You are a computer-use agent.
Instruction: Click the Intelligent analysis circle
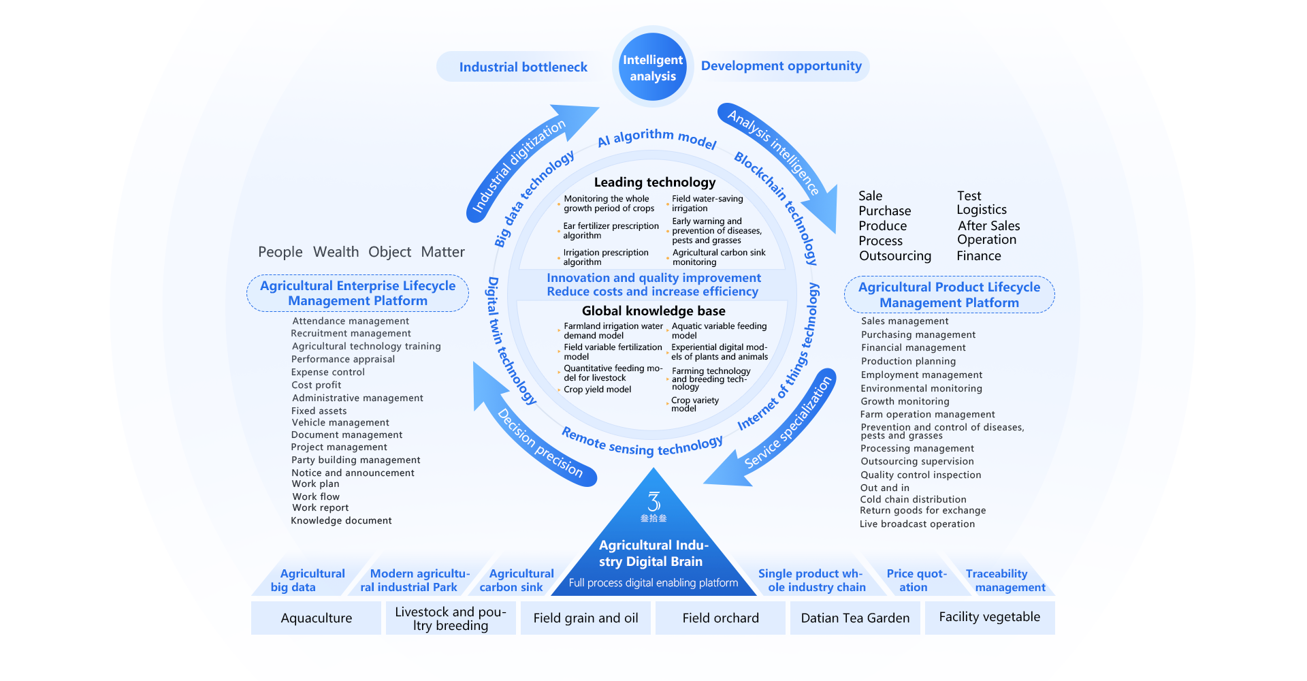click(652, 67)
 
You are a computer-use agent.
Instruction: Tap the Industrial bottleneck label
click(523, 67)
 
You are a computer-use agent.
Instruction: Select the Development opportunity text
click(781, 66)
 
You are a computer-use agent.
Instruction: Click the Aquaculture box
click(316, 618)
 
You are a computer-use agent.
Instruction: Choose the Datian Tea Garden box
click(855, 618)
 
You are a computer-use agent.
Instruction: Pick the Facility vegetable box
click(989, 617)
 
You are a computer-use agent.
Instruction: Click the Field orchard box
click(720, 618)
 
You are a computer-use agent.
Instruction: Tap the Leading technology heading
click(654, 182)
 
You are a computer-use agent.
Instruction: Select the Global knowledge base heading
click(653, 311)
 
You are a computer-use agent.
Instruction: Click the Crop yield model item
click(597, 390)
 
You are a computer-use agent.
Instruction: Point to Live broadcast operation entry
click(917, 524)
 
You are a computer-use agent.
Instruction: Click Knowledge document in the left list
click(341, 520)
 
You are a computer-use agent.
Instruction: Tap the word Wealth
click(336, 252)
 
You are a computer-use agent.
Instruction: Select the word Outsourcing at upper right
click(894, 256)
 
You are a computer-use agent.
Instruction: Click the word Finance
click(978, 256)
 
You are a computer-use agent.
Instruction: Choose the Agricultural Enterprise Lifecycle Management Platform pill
click(357, 294)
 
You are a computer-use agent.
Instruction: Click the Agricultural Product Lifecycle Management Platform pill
click(949, 295)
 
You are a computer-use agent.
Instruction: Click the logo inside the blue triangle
click(653, 505)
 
